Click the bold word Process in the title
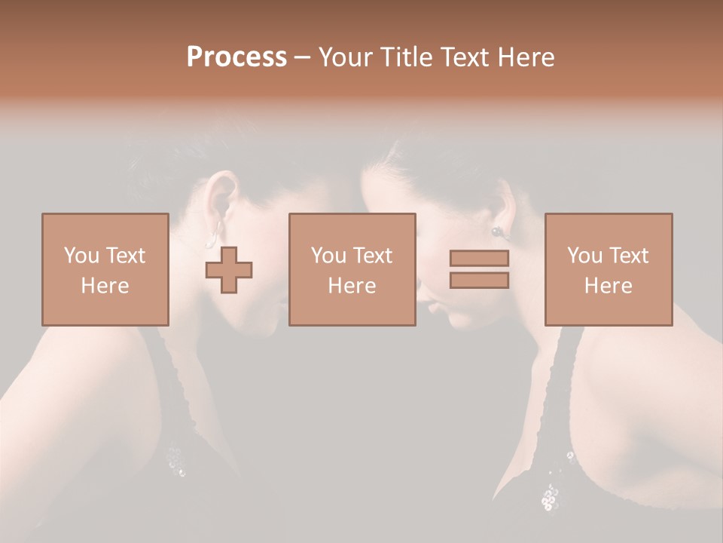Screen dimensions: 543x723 236,57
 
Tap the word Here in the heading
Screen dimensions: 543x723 524,57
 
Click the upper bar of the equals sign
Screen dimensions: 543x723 479,258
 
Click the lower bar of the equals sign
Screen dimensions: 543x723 479,280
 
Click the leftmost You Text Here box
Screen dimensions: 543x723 105,269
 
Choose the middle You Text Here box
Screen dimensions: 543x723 352,269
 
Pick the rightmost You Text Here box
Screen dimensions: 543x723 608,269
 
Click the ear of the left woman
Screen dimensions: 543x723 219,198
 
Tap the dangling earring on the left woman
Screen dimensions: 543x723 214,234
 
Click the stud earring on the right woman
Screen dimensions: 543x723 497,232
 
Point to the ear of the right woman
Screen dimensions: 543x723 502,207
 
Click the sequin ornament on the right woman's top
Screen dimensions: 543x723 550,494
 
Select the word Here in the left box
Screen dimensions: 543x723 105,285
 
